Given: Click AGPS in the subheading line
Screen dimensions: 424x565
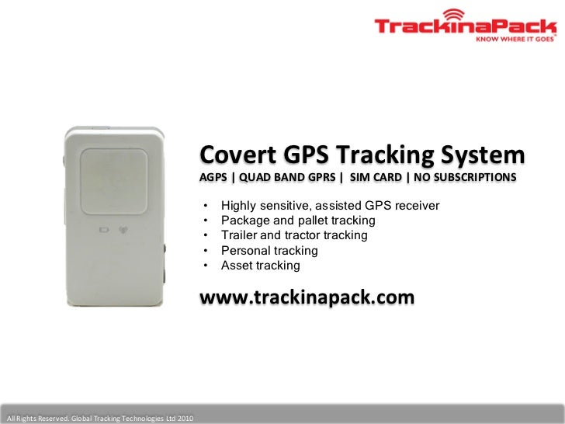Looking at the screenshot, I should tap(213, 178).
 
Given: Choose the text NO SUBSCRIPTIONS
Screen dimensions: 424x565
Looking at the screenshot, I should tap(464, 178).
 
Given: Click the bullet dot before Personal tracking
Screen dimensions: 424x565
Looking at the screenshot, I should tap(206, 251).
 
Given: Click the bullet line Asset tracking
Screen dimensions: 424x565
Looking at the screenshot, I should tap(260, 266).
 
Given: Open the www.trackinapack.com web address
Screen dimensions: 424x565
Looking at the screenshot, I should tap(307, 297).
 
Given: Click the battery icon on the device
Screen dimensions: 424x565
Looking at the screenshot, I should tap(104, 230).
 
